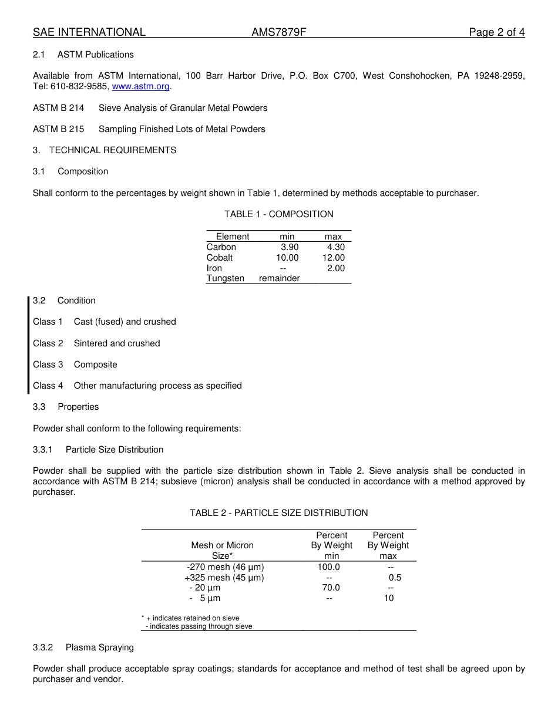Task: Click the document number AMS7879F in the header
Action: (279, 32)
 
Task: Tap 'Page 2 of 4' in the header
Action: (496, 32)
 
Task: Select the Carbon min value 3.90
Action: (289, 247)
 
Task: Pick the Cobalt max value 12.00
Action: (333, 258)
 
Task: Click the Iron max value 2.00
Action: (335, 268)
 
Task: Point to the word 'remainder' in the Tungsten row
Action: (279, 278)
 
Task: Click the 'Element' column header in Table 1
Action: (233, 237)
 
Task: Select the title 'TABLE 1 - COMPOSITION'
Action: (278, 214)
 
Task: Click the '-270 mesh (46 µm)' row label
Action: (225, 567)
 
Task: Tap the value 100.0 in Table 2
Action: (328, 567)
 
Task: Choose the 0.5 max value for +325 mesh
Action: (395, 578)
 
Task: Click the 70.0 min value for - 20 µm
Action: (331, 588)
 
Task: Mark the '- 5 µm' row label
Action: (205, 598)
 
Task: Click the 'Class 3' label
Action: (48, 365)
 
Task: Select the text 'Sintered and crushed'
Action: (116, 343)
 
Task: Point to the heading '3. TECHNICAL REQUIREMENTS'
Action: (105, 150)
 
